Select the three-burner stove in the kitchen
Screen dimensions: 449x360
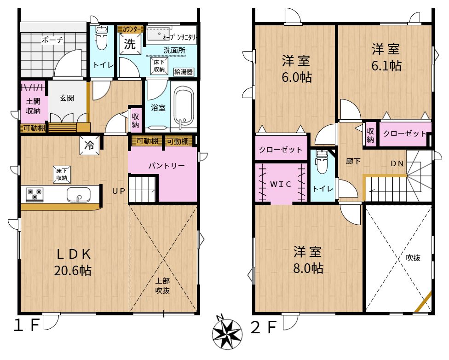pyautogui.click(x=35, y=195)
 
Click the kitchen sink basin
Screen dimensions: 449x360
pyautogui.click(x=79, y=195)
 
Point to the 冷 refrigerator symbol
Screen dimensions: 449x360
pyautogui.click(x=89, y=145)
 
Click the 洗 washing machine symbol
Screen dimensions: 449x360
pyautogui.click(x=130, y=44)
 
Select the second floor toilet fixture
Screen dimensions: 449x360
pyautogui.click(x=322, y=162)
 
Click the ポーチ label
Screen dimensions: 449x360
pyautogui.click(x=52, y=40)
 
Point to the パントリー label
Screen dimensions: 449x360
pyautogui.click(x=167, y=166)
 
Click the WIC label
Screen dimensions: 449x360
pyautogui.click(x=281, y=184)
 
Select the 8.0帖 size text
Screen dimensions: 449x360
pyautogui.click(x=308, y=268)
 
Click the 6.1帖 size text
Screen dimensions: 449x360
pyautogui.click(x=386, y=66)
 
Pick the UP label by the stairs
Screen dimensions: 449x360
pyautogui.click(x=119, y=191)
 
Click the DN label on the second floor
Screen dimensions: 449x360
pyautogui.click(x=397, y=163)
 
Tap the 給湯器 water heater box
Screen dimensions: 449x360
pyautogui.click(x=184, y=72)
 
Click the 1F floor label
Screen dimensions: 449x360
pyautogui.click(x=26, y=325)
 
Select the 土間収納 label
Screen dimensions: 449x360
pyautogui.click(x=33, y=106)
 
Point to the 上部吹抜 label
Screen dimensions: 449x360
pyautogui.click(x=162, y=285)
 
